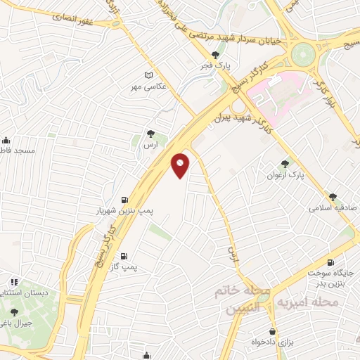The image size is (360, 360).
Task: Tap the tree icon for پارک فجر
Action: [x=216, y=55]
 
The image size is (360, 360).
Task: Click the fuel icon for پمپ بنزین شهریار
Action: [x=125, y=200]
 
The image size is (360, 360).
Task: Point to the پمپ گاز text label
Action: [x=123, y=267]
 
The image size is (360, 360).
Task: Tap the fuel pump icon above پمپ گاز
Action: [x=124, y=256]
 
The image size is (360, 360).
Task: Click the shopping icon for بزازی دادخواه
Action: [x=272, y=331]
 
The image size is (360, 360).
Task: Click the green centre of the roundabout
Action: [x=304, y=52]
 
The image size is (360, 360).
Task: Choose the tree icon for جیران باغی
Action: [x=14, y=312]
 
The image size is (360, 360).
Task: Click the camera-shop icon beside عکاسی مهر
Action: [x=148, y=75]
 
